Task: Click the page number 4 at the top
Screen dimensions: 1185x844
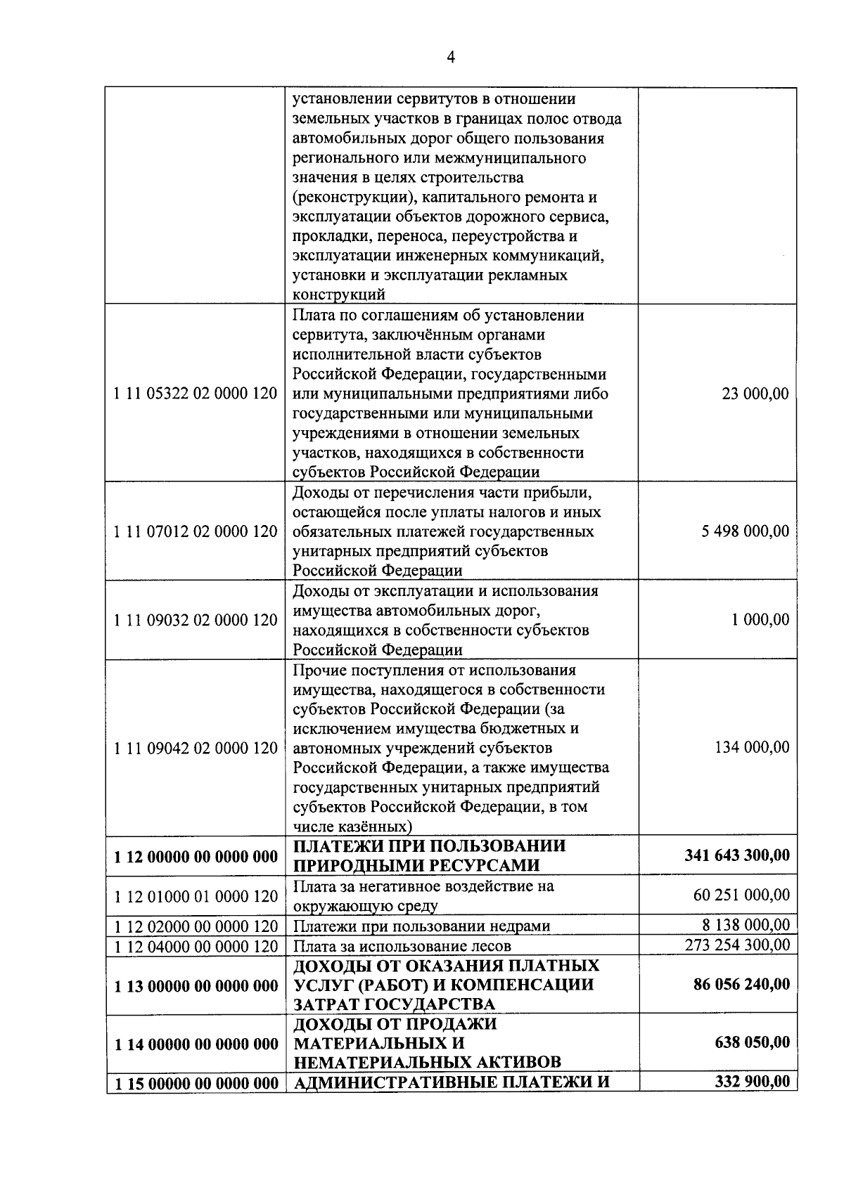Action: pyautogui.click(x=451, y=58)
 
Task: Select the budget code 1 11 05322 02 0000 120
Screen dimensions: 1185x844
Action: pyautogui.click(x=196, y=394)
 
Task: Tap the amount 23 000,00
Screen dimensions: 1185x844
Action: pyautogui.click(x=755, y=394)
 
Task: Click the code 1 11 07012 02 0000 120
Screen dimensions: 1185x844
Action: pyautogui.click(x=196, y=531)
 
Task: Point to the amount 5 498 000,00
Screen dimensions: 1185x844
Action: pyautogui.click(x=745, y=531)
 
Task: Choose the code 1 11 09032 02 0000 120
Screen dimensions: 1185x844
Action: pyautogui.click(x=196, y=620)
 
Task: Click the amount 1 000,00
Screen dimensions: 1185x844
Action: pyautogui.click(x=760, y=620)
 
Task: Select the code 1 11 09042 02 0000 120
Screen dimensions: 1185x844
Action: pyautogui.click(x=196, y=748)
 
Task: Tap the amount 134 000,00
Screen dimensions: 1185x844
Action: pyautogui.click(x=751, y=747)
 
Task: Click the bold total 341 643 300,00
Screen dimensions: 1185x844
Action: pyautogui.click(x=736, y=855)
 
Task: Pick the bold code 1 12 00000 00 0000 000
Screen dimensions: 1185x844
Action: pyautogui.click(x=196, y=857)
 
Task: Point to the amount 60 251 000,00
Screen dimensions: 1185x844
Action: pyautogui.click(x=741, y=895)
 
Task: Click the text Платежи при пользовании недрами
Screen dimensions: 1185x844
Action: pyautogui.click(x=421, y=926)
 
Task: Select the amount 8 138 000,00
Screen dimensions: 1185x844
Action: pyautogui.click(x=746, y=925)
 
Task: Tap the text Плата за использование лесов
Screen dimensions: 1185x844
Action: pyautogui.click(x=402, y=946)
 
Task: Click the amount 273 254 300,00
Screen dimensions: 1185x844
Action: pyautogui.click(x=737, y=945)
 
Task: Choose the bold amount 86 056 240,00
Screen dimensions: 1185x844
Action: pyautogui.click(x=741, y=984)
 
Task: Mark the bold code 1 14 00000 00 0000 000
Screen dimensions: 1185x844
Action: pyautogui.click(x=196, y=1044)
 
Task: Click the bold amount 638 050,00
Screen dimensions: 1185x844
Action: pyautogui.click(x=752, y=1042)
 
